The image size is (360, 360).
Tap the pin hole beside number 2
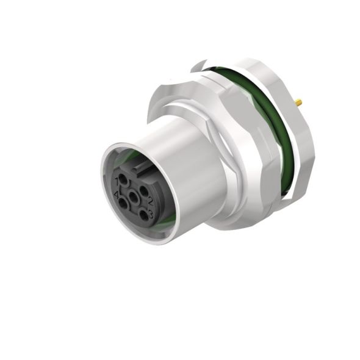[x=144, y=190]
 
